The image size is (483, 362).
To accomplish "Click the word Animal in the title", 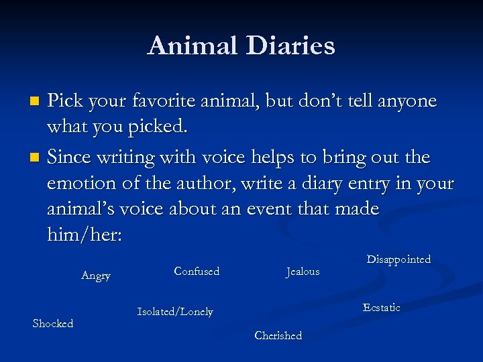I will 193,46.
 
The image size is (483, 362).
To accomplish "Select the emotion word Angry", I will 96,276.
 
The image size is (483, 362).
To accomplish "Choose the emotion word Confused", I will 197,271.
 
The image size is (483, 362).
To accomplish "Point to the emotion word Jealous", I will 303,271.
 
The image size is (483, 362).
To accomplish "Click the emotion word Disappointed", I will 398,259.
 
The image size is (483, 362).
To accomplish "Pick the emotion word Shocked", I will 53,323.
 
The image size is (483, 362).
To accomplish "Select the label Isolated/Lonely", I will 175,312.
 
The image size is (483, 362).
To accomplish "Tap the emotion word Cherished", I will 278,335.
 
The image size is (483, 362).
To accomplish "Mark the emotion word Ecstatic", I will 381,307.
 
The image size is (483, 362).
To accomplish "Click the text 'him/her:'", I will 84,235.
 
